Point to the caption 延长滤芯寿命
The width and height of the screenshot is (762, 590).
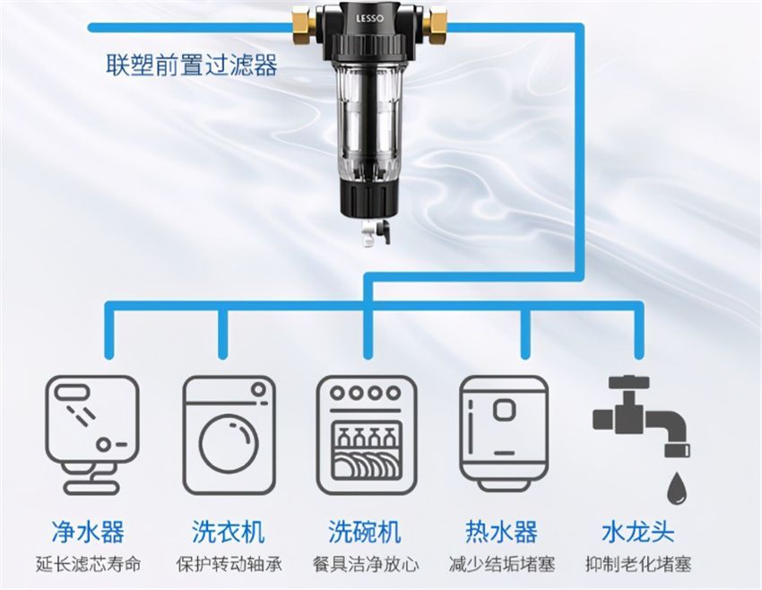(x=88, y=565)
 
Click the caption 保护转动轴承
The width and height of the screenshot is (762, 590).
(x=229, y=565)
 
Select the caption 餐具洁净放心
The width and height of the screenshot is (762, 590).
(x=365, y=565)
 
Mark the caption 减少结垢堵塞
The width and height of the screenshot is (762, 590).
(x=502, y=565)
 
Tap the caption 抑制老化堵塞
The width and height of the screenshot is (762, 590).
(x=637, y=565)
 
